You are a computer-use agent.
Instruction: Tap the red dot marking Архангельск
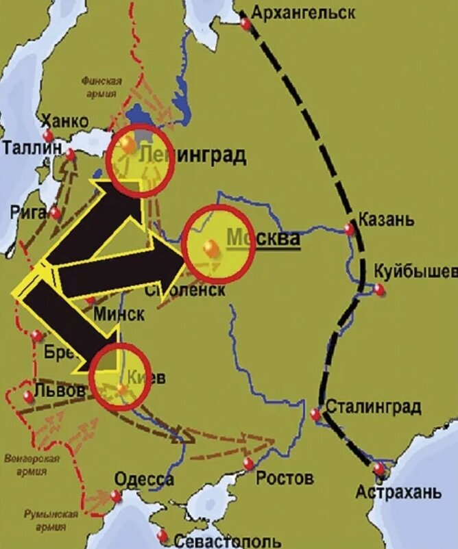click(x=245, y=24)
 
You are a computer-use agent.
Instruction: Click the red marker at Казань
click(x=350, y=229)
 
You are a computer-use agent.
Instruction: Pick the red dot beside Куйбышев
click(x=379, y=289)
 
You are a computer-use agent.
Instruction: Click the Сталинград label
click(x=373, y=407)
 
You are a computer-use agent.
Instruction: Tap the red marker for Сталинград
click(x=315, y=414)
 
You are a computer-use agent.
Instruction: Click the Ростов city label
click(x=285, y=477)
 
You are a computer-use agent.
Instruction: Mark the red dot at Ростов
click(x=248, y=464)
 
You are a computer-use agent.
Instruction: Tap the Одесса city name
click(x=144, y=479)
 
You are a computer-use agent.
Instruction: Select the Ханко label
click(x=65, y=121)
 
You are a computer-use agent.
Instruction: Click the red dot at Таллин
click(x=71, y=155)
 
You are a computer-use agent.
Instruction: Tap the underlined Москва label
click(x=264, y=239)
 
